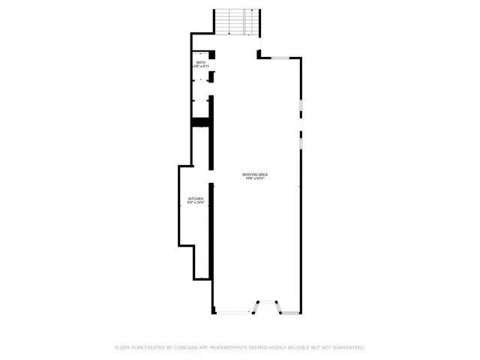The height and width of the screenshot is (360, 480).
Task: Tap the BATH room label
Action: pyautogui.click(x=201, y=63)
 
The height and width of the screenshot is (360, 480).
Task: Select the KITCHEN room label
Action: pyautogui.click(x=196, y=199)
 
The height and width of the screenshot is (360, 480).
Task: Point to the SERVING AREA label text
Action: pyautogui.click(x=255, y=174)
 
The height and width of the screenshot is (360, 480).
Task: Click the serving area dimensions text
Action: pyautogui.click(x=255, y=178)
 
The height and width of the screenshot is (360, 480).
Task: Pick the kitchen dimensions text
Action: pyautogui.click(x=196, y=203)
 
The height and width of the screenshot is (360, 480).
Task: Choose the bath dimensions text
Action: pyautogui.click(x=201, y=67)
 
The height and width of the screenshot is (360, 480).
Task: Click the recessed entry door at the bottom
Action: pyautogui.click(x=268, y=307)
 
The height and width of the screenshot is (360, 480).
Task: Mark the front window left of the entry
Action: pyautogui.click(x=233, y=313)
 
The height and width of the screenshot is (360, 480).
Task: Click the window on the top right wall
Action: pyautogui.click(x=283, y=57)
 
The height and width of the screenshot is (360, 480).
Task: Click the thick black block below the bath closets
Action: pyautogui.click(x=200, y=122)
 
